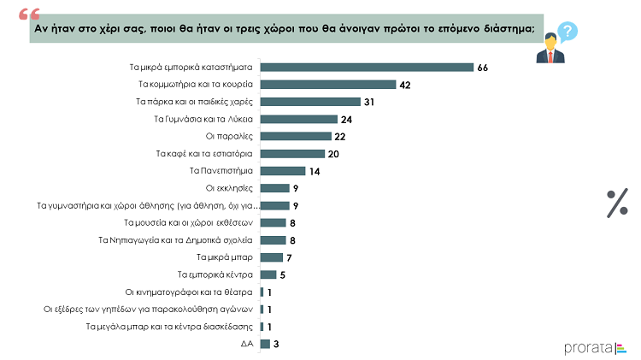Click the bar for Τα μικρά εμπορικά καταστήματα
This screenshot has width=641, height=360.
click(x=366, y=68)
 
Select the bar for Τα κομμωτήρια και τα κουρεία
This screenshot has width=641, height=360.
click(x=327, y=85)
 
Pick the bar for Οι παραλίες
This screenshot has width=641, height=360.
click(x=295, y=136)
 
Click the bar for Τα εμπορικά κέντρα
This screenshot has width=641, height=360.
click(x=268, y=274)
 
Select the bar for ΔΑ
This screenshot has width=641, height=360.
click(x=265, y=344)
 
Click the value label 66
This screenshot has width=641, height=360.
click(x=484, y=68)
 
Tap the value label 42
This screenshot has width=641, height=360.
click(x=406, y=85)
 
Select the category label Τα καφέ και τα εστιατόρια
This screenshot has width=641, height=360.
click(x=204, y=154)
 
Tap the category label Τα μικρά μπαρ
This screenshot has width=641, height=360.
click(x=225, y=257)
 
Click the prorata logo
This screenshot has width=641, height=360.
click(x=596, y=347)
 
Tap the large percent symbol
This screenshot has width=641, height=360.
click(x=617, y=204)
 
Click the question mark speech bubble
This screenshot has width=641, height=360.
click(x=566, y=32)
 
